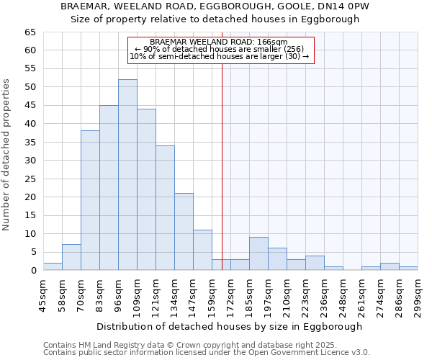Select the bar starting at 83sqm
(109, 188)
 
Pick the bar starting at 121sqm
(165, 208)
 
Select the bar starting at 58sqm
(71, 257)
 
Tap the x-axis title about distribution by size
(229, 326)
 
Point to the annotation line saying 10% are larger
(220, 56)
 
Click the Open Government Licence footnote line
(207, 353)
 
